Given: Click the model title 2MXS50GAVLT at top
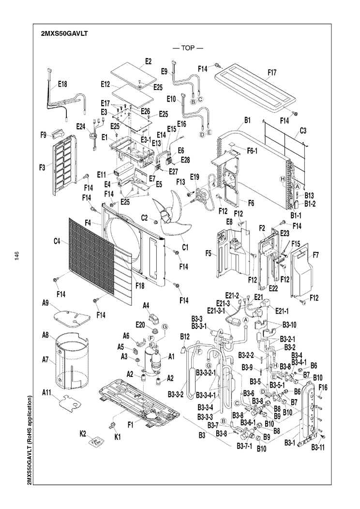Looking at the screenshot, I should pyautogui.click(x=64, y=35).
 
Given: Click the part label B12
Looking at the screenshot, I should pyautogui.click(x=184, y=336).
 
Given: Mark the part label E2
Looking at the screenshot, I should pyautogui.click(x=148, y=61).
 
